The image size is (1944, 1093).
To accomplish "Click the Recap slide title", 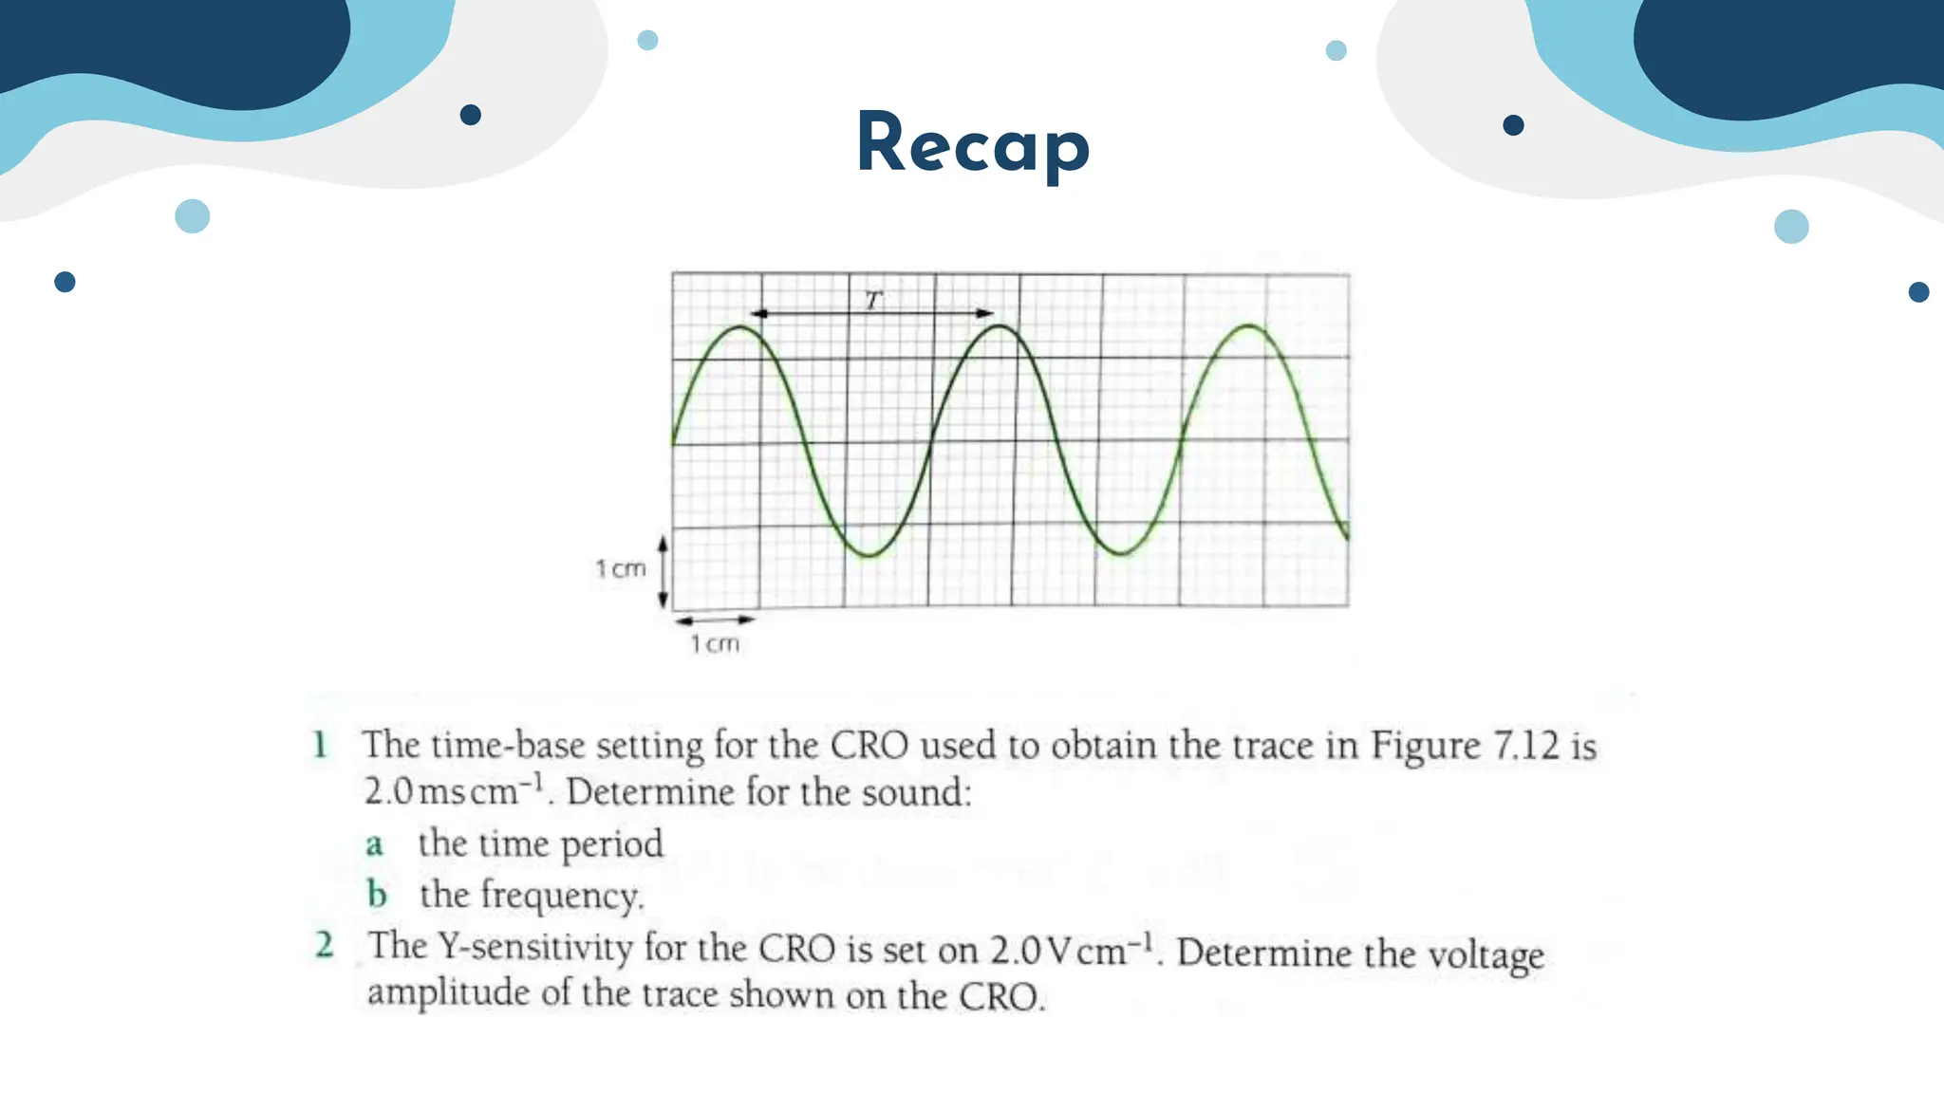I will [973, 143].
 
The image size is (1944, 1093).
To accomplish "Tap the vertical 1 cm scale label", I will [621, 568].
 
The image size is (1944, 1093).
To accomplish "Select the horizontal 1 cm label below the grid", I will [715, 644].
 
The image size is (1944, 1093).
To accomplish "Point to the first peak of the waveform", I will [740, 327].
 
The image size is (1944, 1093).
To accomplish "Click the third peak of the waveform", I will [1249, 326].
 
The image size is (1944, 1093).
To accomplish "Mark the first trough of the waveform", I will [868, 555].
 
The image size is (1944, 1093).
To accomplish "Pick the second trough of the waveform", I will [1121, 553].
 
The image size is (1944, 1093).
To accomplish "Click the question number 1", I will [321, 745].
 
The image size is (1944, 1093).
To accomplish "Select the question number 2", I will [325, 945].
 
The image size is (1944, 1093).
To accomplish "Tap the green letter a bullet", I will [375, 844].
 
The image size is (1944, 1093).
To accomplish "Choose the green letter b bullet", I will [377, 894].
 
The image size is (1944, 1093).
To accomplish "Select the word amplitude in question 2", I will [448, 993].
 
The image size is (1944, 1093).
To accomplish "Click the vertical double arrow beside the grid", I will [663, 570].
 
